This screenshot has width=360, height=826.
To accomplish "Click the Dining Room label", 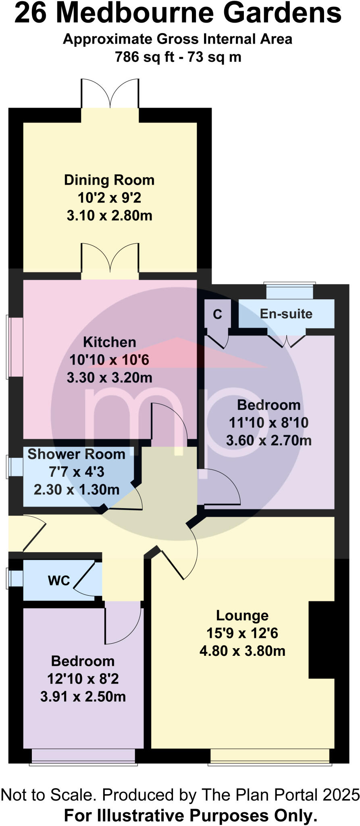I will coord(109,180).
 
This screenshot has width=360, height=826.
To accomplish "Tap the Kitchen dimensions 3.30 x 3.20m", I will coord(109,378).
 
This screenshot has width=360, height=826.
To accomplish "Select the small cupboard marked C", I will coord(217,314).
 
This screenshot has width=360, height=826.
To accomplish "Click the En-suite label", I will coord(286,314).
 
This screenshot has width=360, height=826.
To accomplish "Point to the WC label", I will coord(59,580).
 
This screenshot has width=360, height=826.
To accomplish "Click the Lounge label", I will coord(242,615).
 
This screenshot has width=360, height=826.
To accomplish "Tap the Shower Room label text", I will coord(76,454).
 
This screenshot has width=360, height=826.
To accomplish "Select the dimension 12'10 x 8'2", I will coord(83,679).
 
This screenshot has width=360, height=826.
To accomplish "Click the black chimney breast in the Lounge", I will coord(321,640).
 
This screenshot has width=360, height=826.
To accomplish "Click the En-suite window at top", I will coord(289,291).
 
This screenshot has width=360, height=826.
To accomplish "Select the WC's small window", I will coord(15,578).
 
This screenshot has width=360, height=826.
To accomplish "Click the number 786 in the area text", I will coord(127,57).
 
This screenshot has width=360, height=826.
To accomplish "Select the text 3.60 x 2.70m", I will coord(268,440).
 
